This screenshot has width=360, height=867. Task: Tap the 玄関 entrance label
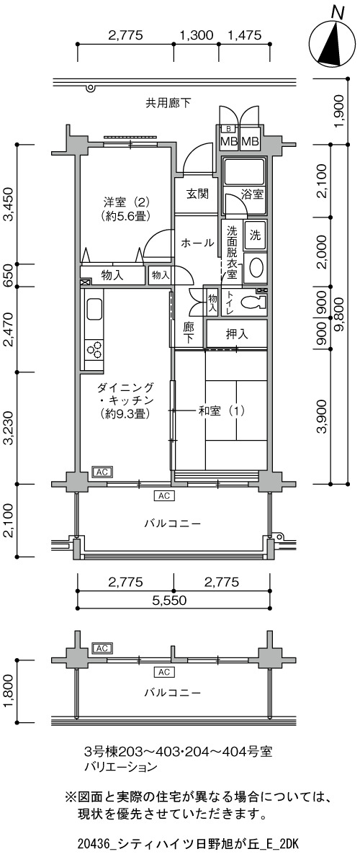click(197, 194)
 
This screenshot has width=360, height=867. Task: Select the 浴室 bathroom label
click(252, 194)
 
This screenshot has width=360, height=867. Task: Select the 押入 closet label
click(236, 334)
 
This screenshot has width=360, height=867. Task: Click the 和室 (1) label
click(221, 410)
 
